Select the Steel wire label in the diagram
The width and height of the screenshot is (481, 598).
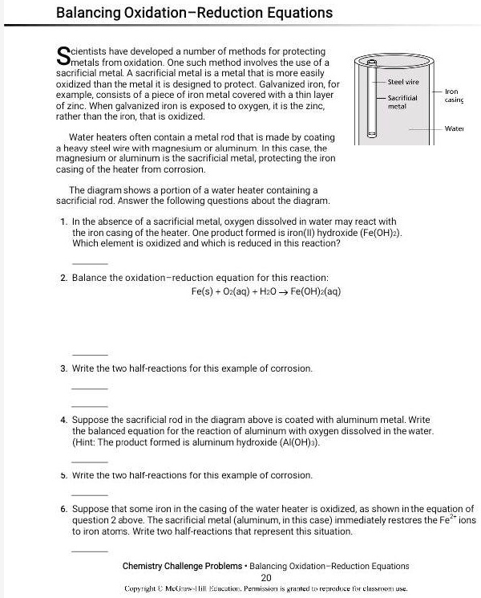(x=403, y=82)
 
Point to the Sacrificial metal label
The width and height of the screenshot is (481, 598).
(x=402, y=101)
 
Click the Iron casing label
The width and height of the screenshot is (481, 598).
(x=454, y=96)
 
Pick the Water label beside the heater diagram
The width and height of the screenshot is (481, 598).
(x=455, y=128)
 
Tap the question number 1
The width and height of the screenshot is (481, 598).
(x=63, y=222)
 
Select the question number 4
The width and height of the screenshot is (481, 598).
(x=63, y=420)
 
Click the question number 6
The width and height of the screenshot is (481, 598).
(x=63, y=509)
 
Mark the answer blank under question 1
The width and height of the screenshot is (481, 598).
(x=90, y=262)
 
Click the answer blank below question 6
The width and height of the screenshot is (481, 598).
(x=90, y=551)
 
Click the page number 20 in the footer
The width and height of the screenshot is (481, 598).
(x=267, y=577)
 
